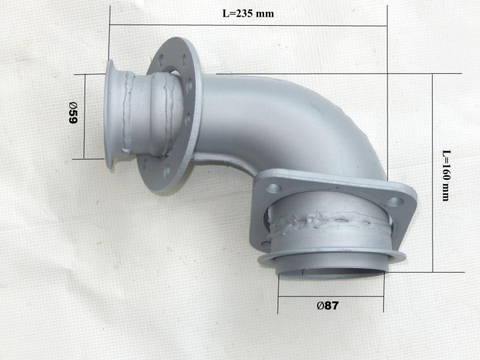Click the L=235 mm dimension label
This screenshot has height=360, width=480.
[248, 14]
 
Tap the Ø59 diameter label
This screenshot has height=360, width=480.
[73, 113]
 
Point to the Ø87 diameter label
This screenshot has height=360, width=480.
[328, 305]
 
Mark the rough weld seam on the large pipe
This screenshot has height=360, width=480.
[327, 221]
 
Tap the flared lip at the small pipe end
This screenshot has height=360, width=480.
[109, 114]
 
